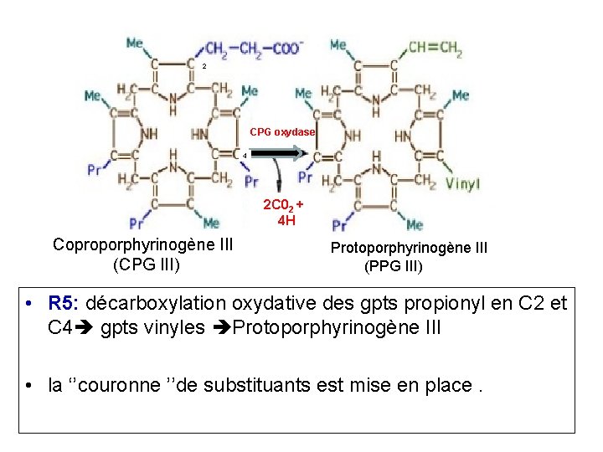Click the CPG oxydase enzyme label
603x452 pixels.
point(282,132)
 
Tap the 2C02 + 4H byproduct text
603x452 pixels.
point(284,213)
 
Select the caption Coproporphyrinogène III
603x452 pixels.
point(142,244)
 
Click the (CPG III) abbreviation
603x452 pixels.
point(142,266)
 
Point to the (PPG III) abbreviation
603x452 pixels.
point(394,268)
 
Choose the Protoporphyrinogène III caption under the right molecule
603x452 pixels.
point(409,248)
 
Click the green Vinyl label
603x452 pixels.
point(462,183)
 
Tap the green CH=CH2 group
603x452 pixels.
point(435,48)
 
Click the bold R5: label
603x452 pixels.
point(64,303)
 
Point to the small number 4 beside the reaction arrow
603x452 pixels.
point(244,156)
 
